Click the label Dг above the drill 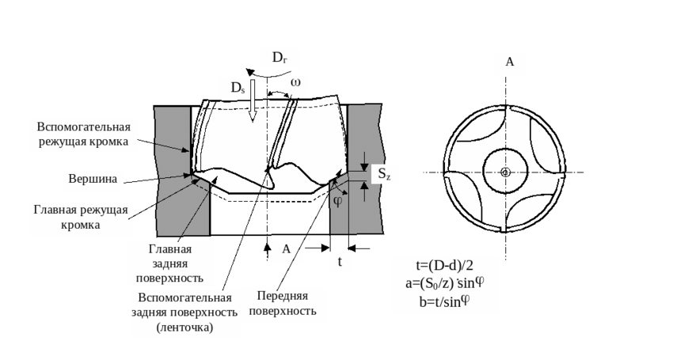click(280, 57)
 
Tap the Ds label click(238, 89)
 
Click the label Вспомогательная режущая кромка click(83, 135)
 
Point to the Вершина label click(93, 179)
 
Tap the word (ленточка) click(184, 328)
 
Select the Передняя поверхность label click(283, 303)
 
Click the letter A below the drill click(287, 249)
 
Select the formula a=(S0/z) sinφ click(446, 282)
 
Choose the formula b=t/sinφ click(446, 301)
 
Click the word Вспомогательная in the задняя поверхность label click(184, 297)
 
